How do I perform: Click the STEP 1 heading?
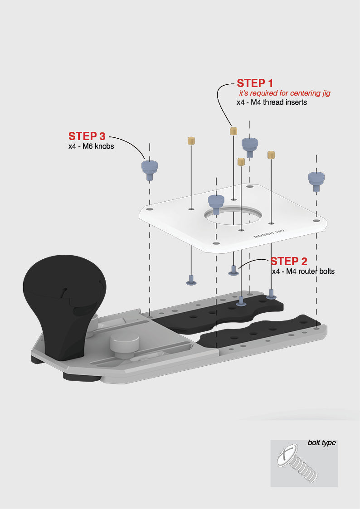255,83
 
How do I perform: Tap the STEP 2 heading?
289,262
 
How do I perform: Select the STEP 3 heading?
87,136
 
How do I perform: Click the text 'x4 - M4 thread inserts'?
272,102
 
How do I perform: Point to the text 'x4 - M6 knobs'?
91,146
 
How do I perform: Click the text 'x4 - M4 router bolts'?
303,271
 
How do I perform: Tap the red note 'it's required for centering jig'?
285,93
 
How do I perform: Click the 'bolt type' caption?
321,442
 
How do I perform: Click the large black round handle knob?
63,290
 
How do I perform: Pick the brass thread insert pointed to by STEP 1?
233,131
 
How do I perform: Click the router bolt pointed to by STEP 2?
234,271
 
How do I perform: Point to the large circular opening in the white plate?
234,217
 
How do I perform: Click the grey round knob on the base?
124,342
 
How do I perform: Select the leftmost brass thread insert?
191,140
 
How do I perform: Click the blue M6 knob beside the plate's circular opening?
216,202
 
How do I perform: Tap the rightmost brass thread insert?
271,155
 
